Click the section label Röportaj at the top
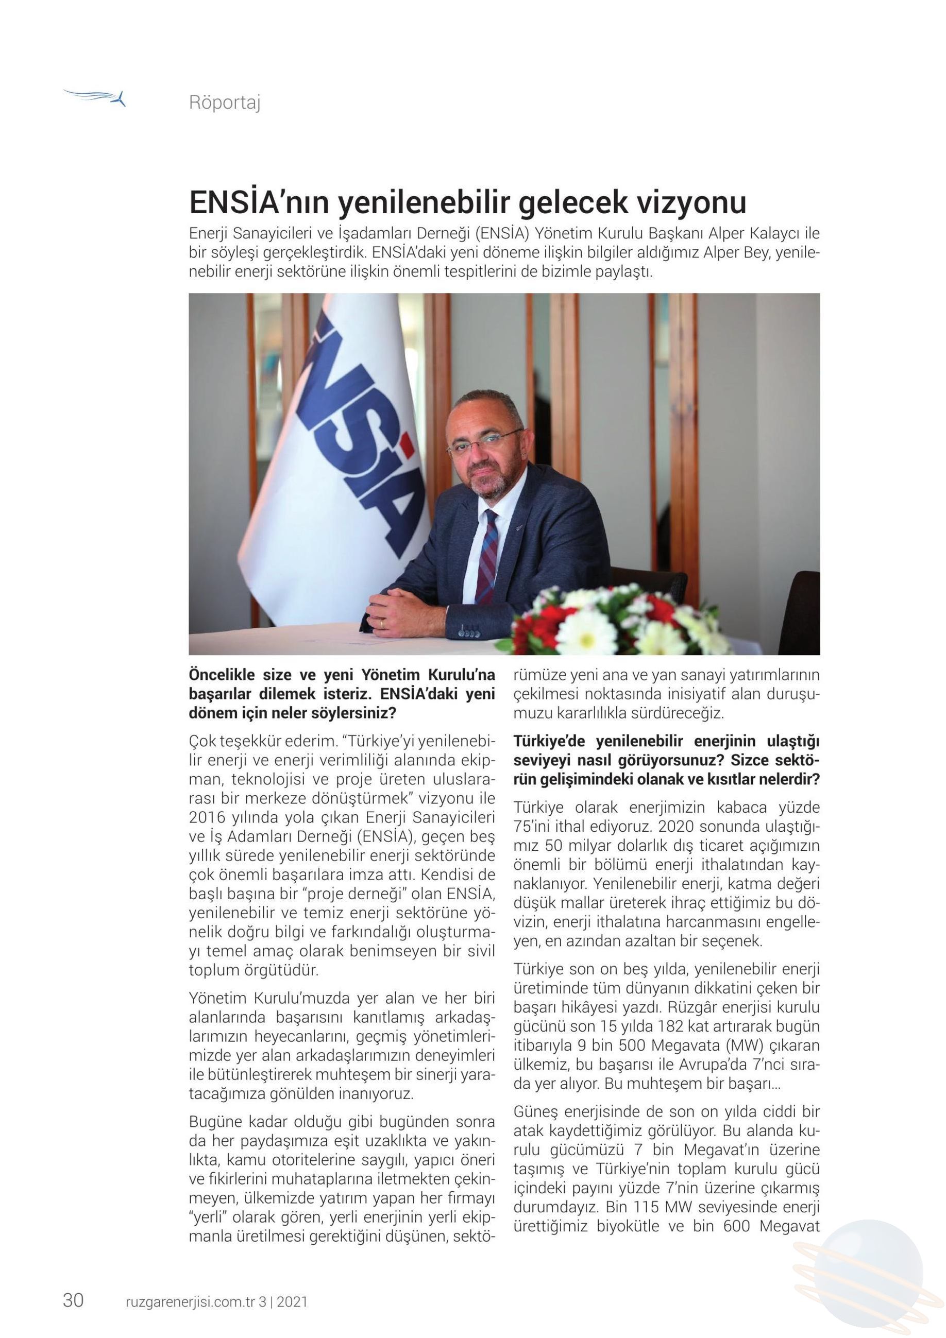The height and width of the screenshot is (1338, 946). pyautogui.click(x=225, y=102)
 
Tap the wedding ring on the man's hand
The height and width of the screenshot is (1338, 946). pyautogui.click(x=382, y=624)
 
